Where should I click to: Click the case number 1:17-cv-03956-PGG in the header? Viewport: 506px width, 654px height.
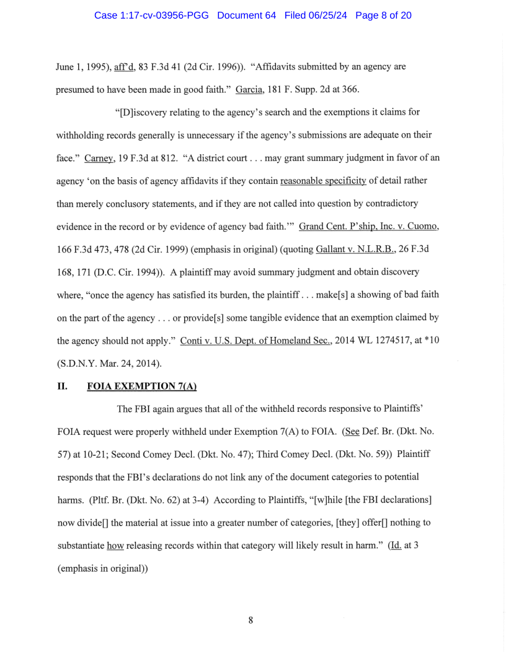tap(151, 15)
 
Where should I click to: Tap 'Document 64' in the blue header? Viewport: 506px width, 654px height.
tap(246, 15)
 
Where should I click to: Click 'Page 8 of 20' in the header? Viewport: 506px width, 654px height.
tap(383, 15)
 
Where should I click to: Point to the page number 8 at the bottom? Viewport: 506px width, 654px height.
tap(251, 620)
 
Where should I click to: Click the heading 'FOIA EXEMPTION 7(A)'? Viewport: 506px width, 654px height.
tap(141, 386)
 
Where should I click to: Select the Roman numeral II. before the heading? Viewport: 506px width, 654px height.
tap(62, 386)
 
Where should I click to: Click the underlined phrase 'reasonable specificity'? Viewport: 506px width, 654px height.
tap(323, 181)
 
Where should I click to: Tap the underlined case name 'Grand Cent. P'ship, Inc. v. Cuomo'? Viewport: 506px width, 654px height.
tap(369, 226)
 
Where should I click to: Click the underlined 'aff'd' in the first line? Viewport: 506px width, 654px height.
tap(125, 67)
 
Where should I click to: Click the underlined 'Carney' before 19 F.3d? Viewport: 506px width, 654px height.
tap(98, 158)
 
